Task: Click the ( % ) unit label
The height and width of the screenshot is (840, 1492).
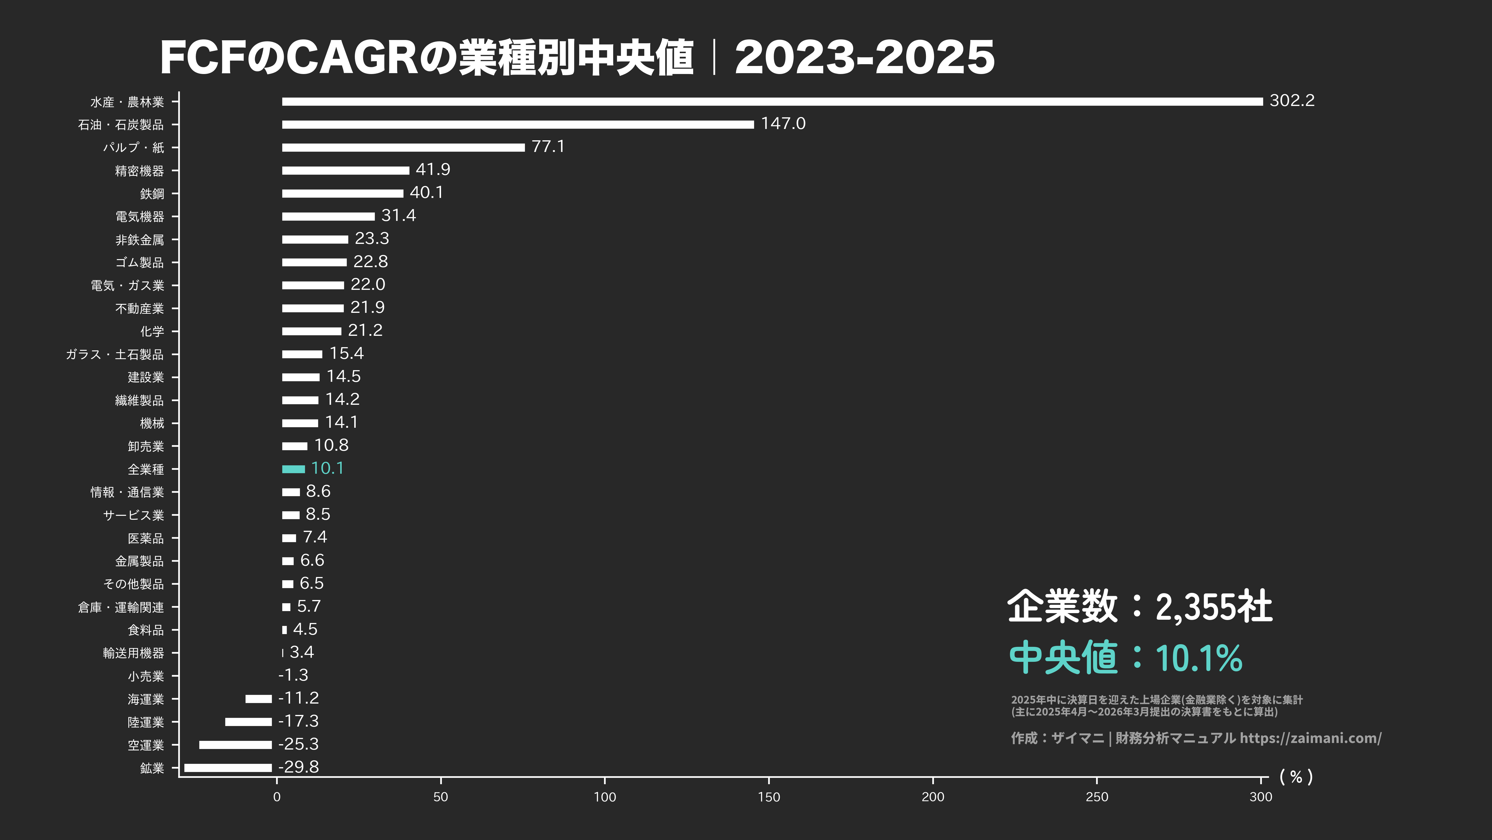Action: pyautogui.click(x=1296, y=777)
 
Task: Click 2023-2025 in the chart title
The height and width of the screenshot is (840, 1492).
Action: pyautogui.click(x=864, y=58)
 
